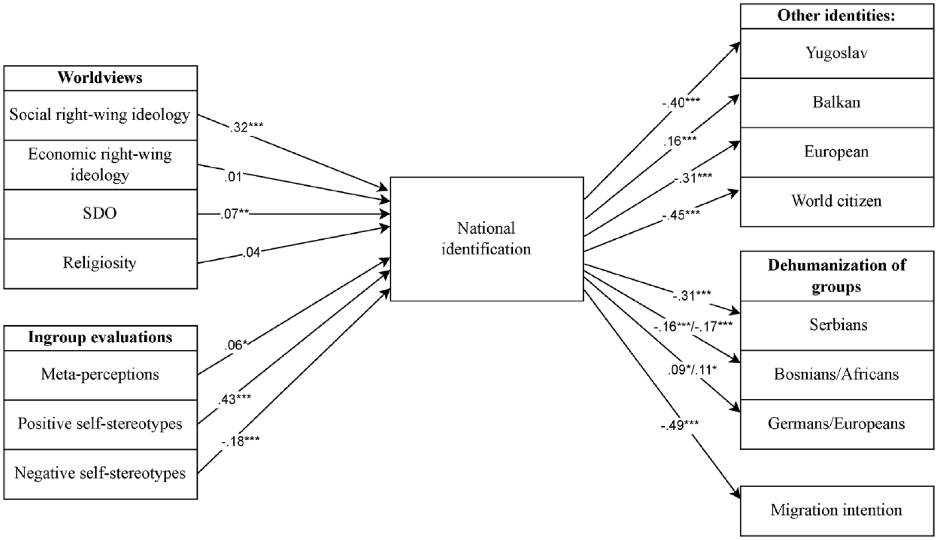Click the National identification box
(487, 239)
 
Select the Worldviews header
(100, 78)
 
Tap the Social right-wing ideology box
(100, 115)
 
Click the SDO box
(100, 214)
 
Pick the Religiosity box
(100, 263)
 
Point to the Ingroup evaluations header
(100, 338)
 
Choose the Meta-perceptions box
(100, 375)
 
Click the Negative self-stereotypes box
(100, 474)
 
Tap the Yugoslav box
(837, 53)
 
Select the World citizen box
(837, 202)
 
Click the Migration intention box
(837, 511)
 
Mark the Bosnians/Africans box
(837, 375)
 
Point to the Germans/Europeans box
(837, 424)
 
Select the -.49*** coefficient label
(679, 425)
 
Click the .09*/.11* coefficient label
(692, 371)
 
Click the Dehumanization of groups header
(837, 276)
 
